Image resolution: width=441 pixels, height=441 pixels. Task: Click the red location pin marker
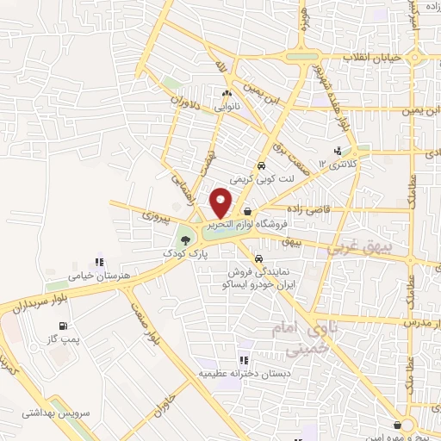(x=221, y=203)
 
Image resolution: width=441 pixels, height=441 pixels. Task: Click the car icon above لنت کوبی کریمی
(x=259, y=166)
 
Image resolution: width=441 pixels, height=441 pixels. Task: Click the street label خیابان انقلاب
(x=373, y=57)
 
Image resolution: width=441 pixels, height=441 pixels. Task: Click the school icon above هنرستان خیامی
(x=98, y=260)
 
